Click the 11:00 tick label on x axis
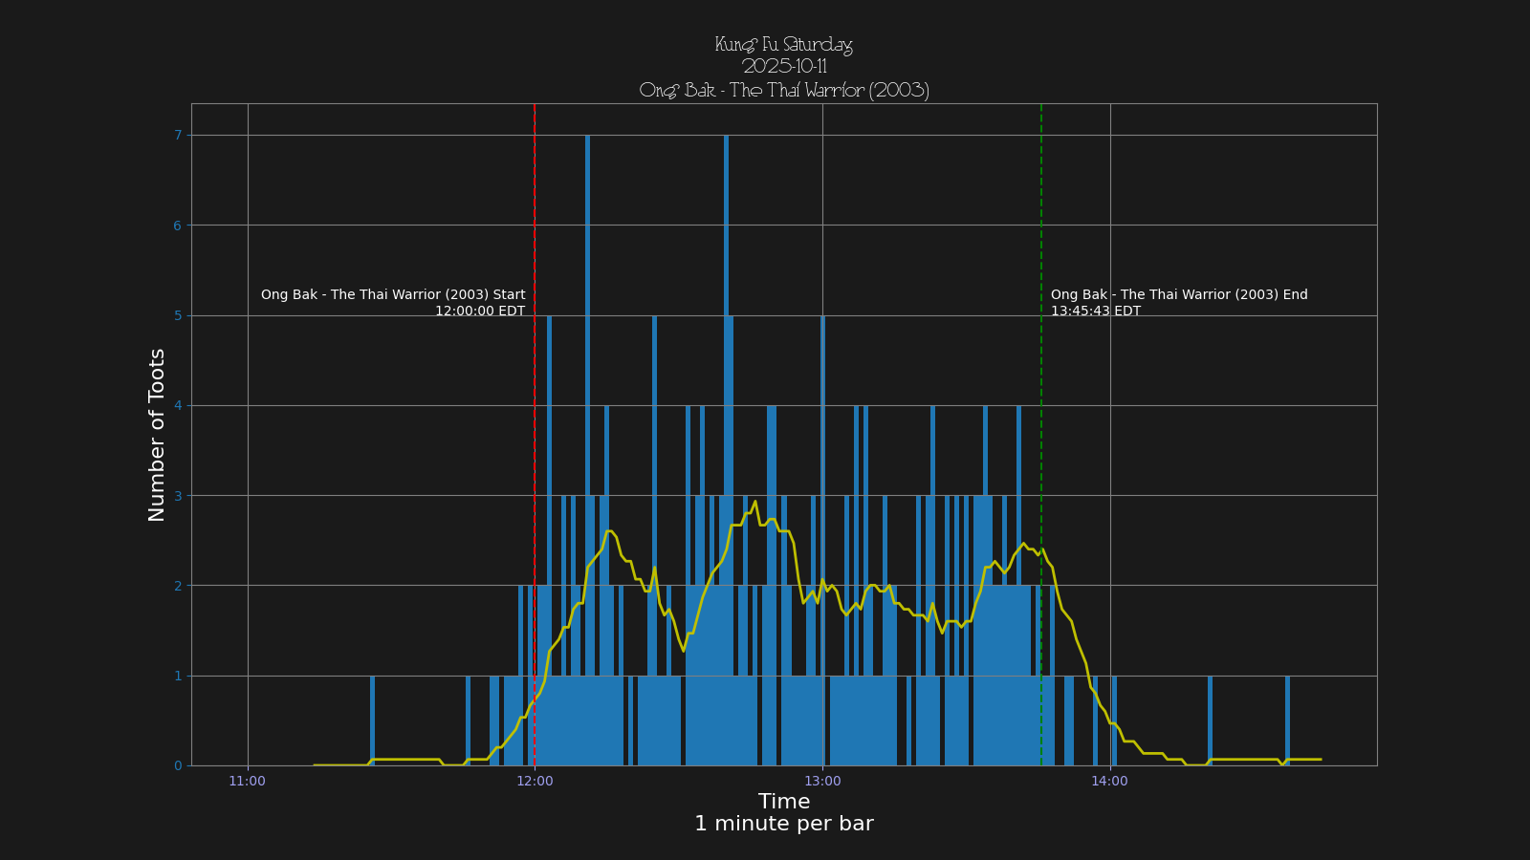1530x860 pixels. [247, 782]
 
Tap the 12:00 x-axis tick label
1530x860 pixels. [535, 782]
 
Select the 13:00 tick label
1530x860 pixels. [822, 782]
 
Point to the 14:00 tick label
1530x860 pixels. [1109, 782]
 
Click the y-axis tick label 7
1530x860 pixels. [178, 136]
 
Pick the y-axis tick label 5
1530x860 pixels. [178, 315]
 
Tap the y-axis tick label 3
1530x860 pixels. [178, 496]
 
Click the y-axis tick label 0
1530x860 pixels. [178, 765]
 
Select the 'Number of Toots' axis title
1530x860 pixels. [157, 435]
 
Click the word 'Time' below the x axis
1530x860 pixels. [783, 802]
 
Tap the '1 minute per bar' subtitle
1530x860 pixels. [783, 824]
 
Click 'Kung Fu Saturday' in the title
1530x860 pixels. [783, 45]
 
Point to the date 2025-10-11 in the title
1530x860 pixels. [783, 67]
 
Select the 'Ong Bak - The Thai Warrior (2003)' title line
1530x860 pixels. [783, 91]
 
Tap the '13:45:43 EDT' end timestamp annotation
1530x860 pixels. [1095, 311]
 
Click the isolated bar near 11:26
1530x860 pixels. [372, 721]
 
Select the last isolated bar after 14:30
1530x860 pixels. [1287, 721]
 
